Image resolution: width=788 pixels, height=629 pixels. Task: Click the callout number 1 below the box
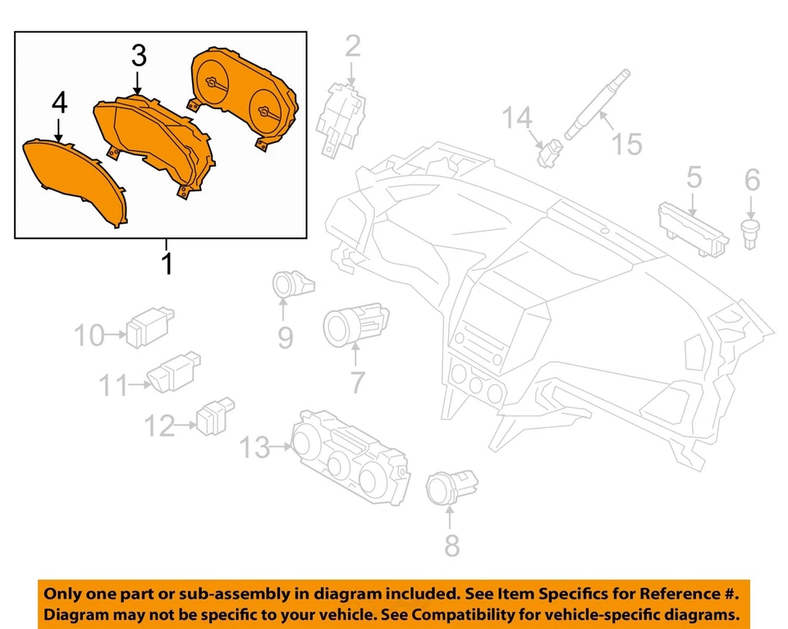[167, 264]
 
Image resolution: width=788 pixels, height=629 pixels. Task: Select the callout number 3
[139, 56]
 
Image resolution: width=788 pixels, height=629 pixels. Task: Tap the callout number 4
[59, 103]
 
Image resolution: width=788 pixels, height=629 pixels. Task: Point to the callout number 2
[352, 46]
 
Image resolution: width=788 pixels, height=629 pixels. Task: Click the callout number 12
[160, 425]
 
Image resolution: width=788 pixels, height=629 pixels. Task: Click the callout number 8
[451, 544]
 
